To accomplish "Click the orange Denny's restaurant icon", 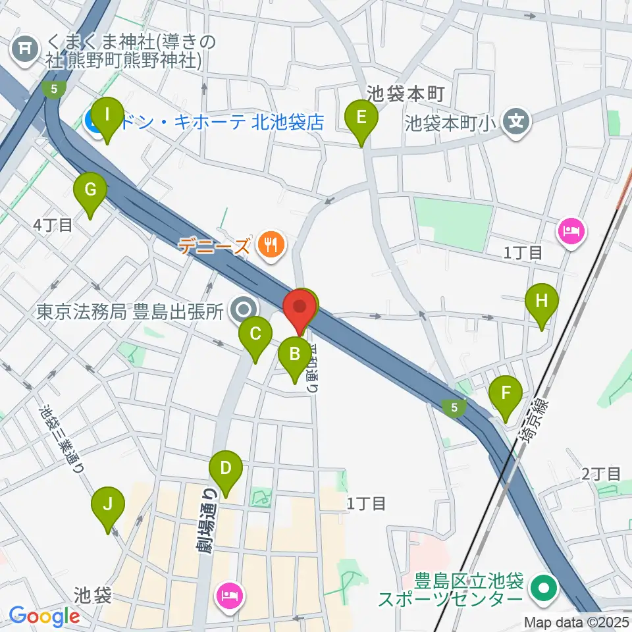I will [x=270, y=246].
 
